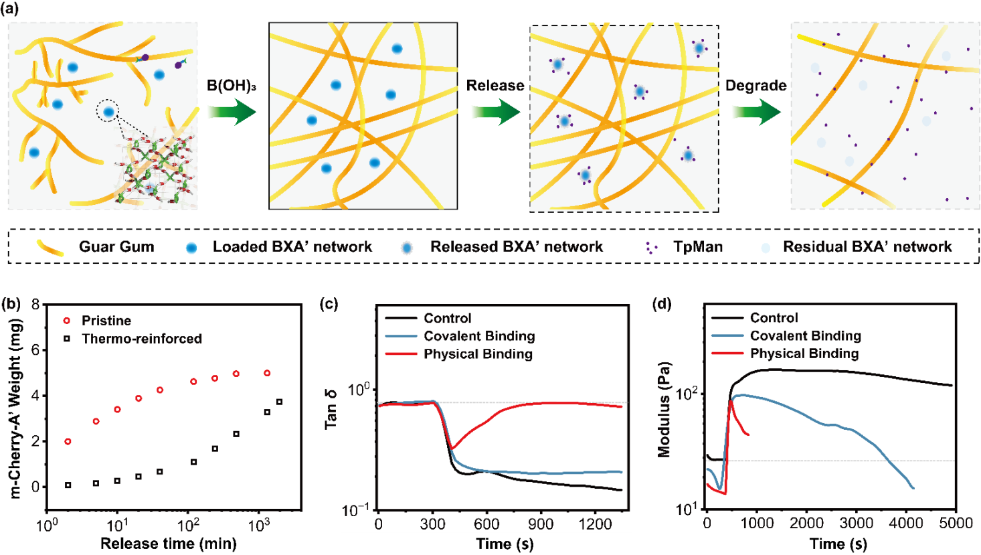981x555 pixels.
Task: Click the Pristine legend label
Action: tap(106, 321)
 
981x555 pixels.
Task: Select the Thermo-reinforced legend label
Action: tap(141, 339)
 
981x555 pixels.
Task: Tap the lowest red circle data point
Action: tap(68, 442)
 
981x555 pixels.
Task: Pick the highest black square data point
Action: tap(279, 402)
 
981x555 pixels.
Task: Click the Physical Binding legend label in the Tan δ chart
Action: tap(478, 354)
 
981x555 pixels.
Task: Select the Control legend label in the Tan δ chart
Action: tap(447, 318)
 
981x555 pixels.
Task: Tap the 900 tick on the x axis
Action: tap(541, 524)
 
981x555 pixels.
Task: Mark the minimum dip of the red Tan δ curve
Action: tap(452, 448)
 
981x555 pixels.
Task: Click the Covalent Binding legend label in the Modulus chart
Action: tap(805, 336)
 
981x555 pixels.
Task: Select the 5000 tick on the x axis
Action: tap(954, 524)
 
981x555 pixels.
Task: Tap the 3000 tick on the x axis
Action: tap(856, 524)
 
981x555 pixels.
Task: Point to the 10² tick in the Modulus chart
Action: tap(687, 393)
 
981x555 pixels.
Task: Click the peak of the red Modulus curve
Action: tap(730, 400)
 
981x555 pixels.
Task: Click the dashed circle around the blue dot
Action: tap(108, 111)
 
